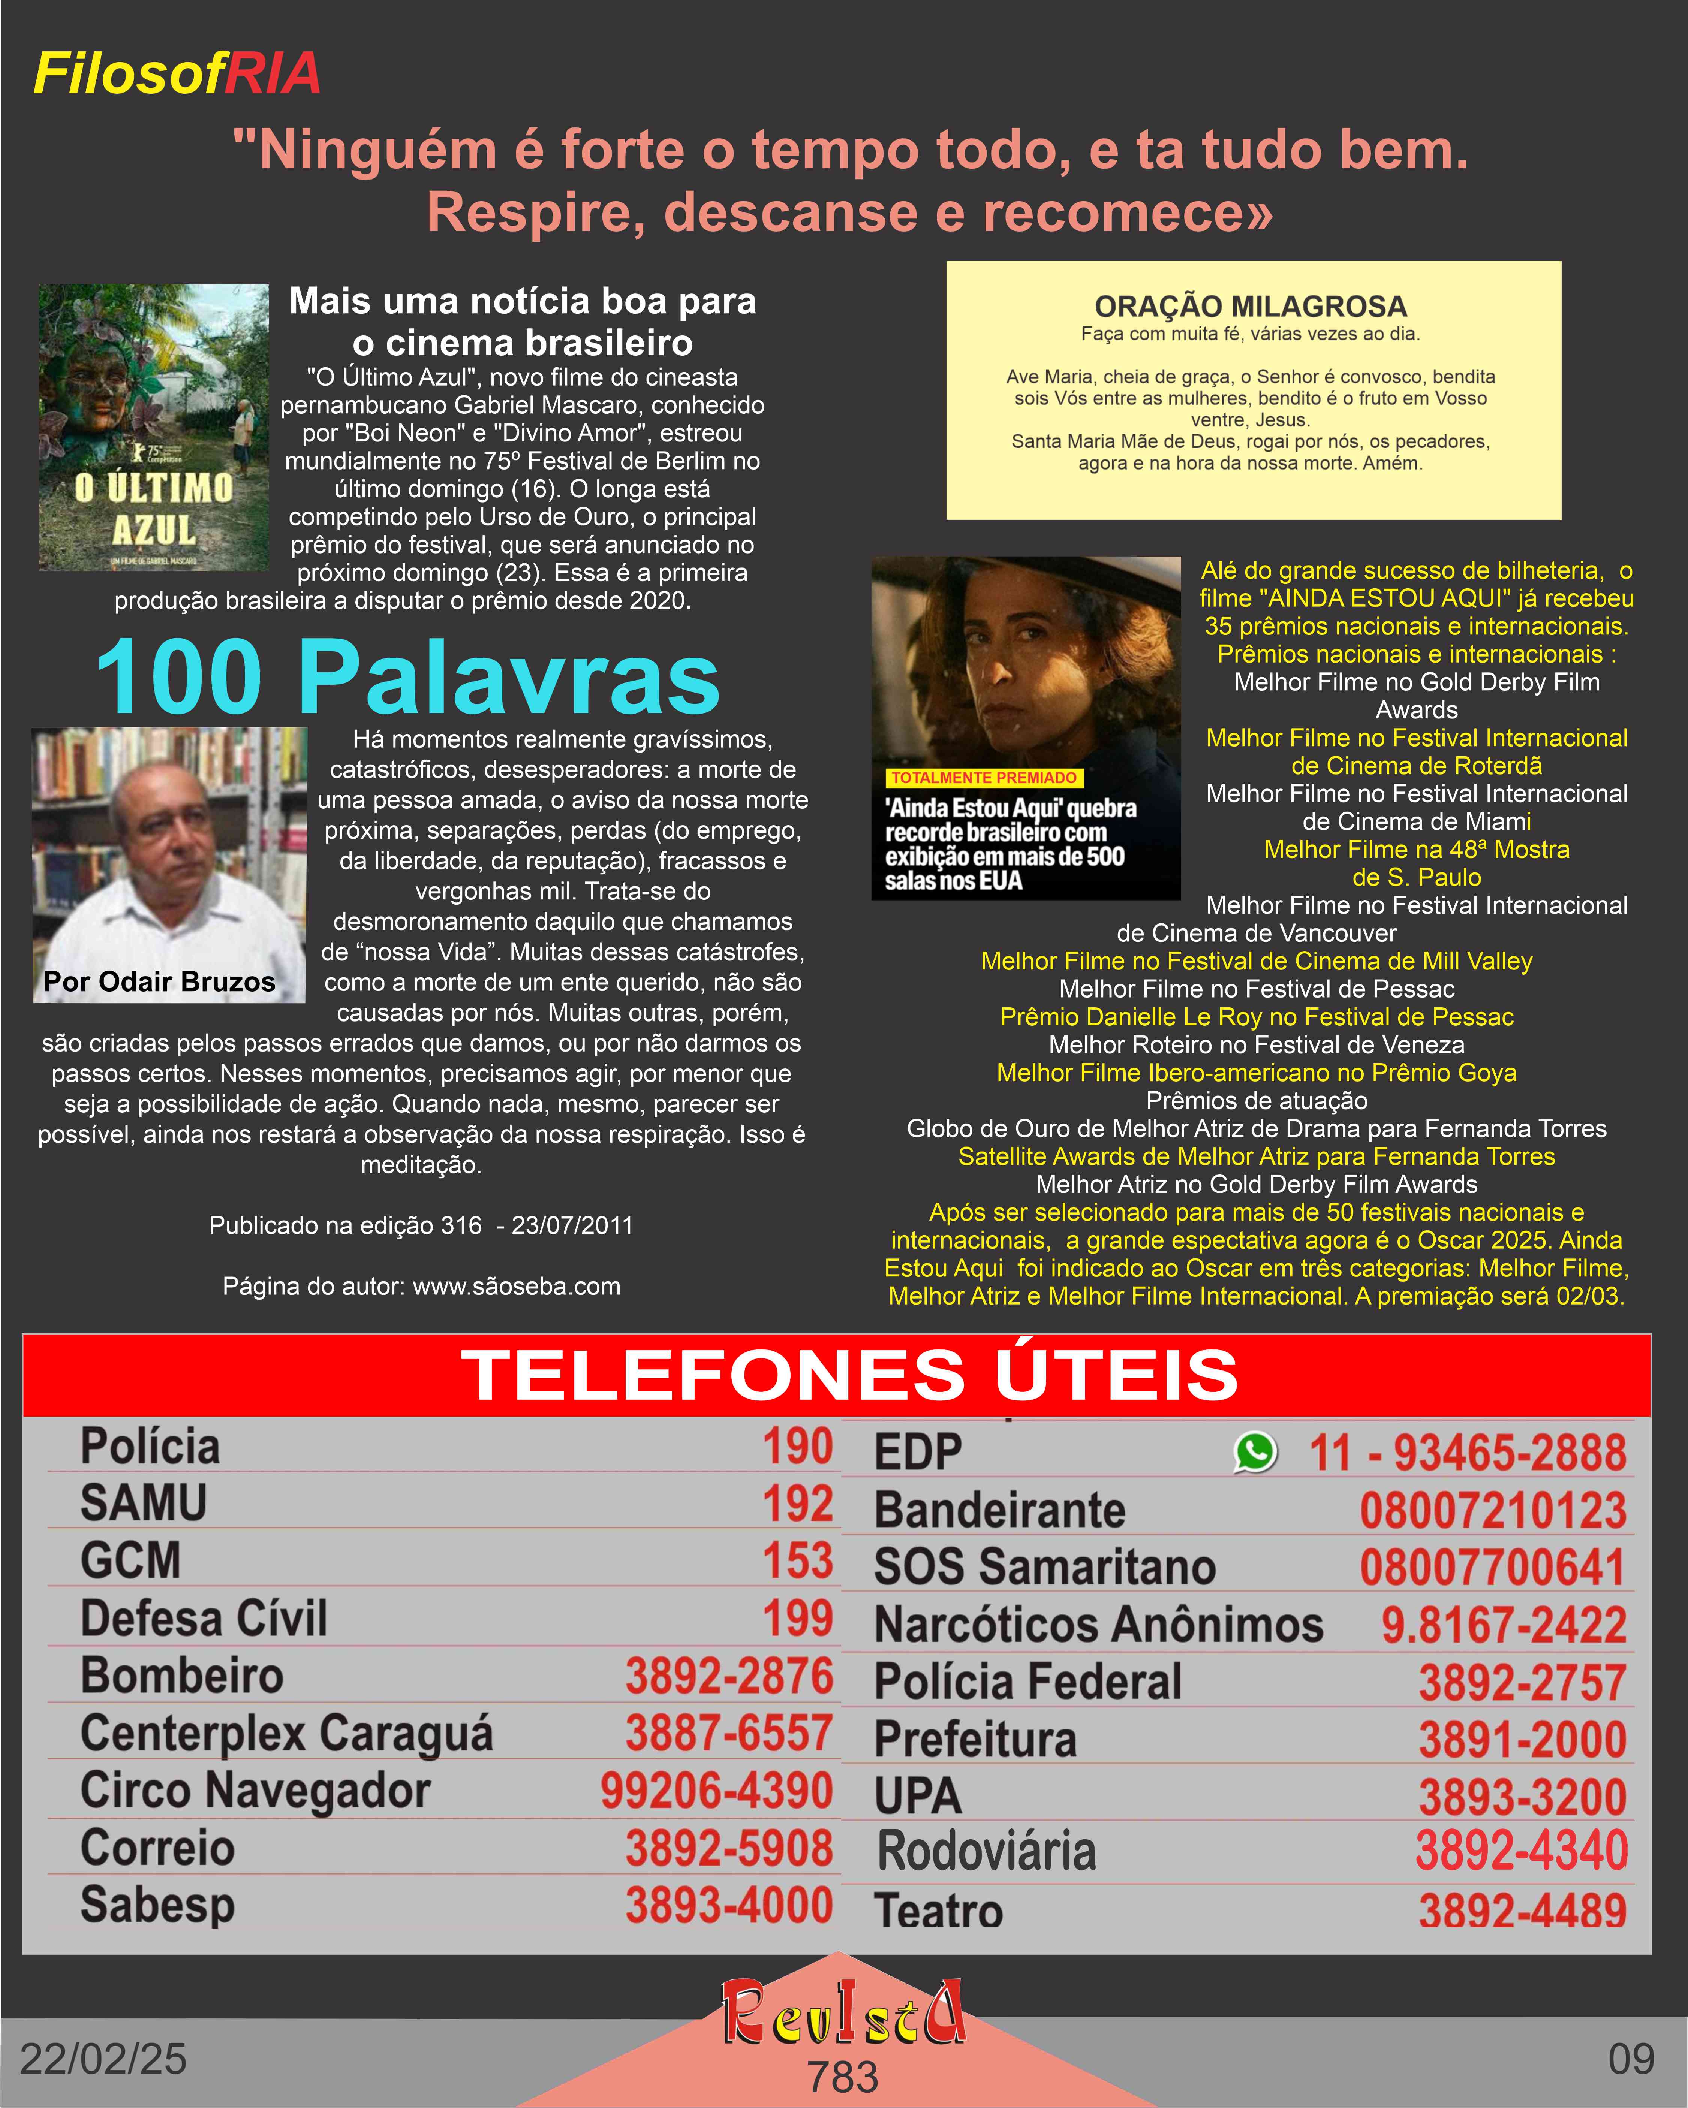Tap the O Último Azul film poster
pyautogui.click(x=154, y=427)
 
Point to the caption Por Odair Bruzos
pyautogui.click(x=159, y=981)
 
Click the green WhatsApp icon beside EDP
pyautogui.click(x=1256, y=1452)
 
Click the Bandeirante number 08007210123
pyautogui.click(x=1492, y=1511)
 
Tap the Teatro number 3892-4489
pyautogui.click(x=1522, y=1912)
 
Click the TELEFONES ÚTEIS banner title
pyautogui.click(x=849, y=1375)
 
